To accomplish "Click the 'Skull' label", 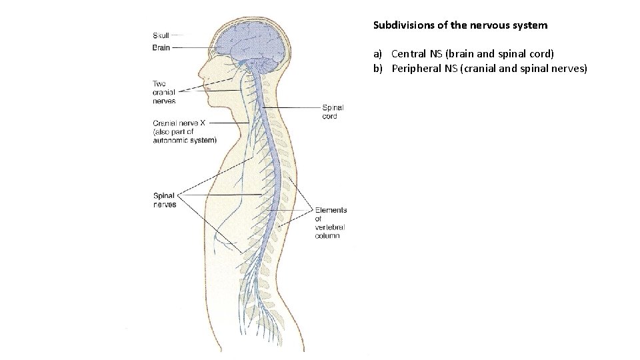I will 161,35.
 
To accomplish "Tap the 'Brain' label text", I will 161,47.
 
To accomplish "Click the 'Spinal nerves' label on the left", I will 165,200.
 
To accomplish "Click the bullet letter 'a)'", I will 377,53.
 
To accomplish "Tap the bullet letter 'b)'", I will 377,68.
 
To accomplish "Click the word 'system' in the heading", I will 529,25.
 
